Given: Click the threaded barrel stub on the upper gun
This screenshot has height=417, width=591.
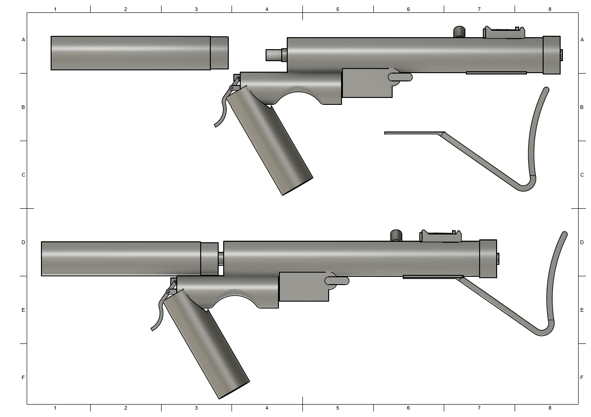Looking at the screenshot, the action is pos(273,55).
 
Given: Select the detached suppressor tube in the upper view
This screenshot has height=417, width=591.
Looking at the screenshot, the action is pos(139,53).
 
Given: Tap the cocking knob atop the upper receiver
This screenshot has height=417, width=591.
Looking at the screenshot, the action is pos(459,32).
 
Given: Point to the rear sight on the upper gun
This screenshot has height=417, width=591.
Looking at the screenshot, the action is pos(504,33).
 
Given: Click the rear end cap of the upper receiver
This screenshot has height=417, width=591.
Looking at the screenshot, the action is pos(552,55).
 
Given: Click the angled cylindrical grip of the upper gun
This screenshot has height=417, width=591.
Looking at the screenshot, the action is pos(270,141).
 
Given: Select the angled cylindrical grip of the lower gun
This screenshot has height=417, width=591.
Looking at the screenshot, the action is pos(206,344).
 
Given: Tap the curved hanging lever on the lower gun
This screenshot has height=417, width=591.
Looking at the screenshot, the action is pos(159,311).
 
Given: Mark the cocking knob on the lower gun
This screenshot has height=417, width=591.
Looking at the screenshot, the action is pos(396,235).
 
